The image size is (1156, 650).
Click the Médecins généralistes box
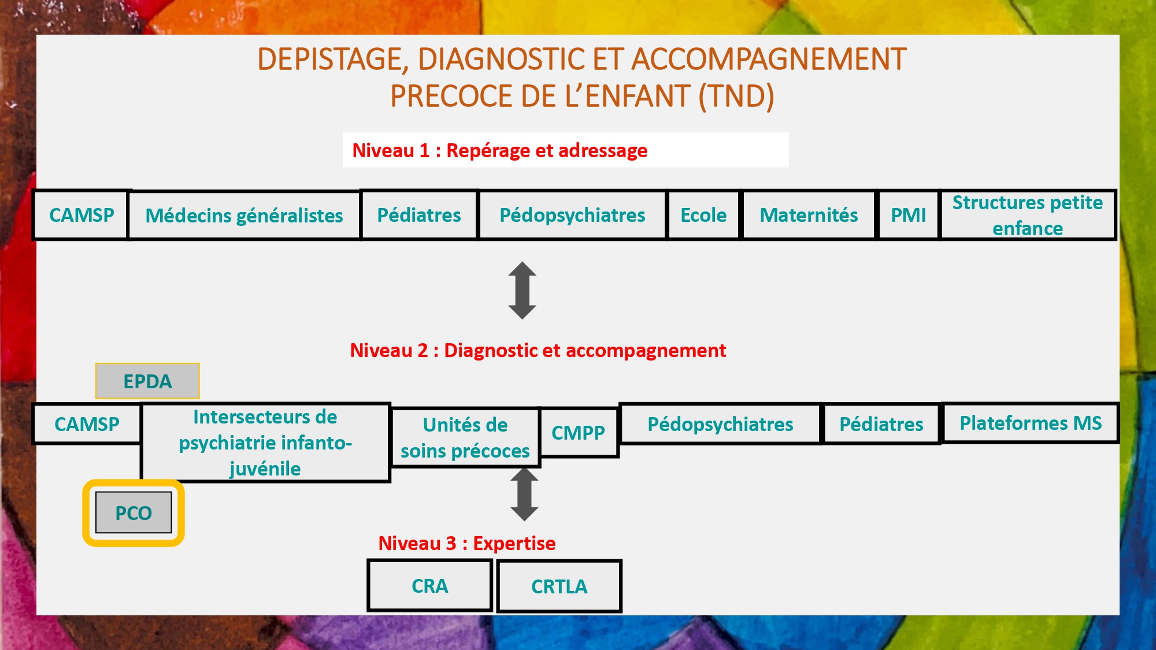(244, 216)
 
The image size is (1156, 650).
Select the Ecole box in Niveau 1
(703, 215)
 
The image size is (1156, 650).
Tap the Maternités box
(809, 215)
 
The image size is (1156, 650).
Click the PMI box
(908, 215)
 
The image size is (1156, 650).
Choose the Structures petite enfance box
(1028, 215)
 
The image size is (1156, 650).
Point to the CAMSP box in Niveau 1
(81, 215)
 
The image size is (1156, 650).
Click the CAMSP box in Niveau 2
(87, 424)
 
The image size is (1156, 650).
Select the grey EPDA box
(147, 381)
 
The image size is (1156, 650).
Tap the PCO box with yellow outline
(134, 513)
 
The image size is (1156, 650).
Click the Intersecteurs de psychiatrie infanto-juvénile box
(265, 443)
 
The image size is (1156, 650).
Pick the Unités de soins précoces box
(465, 437)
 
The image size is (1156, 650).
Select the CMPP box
(578, 433)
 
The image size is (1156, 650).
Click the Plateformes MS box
(1031, 423)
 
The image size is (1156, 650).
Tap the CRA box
(429, 586)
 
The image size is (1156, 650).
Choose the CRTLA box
(559, 586)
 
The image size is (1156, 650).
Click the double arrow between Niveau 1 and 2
(523, 291)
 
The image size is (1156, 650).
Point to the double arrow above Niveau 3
(524, 495)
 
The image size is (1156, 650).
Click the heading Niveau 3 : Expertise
(467, 543)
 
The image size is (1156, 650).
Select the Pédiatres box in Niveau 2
(881, 424)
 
